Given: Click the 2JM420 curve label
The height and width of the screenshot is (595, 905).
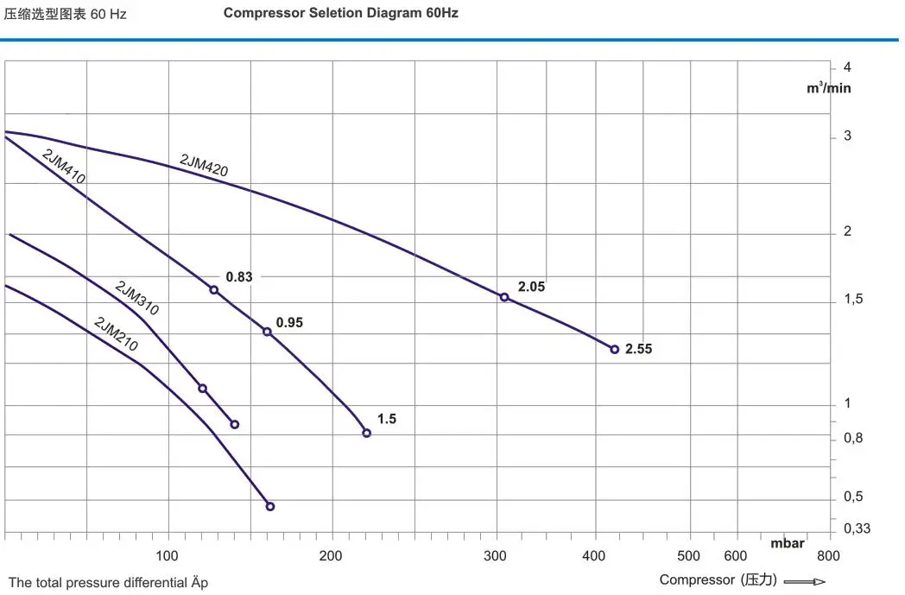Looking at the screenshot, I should point(204,165).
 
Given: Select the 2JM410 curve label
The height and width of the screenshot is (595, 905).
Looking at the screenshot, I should point(63,166).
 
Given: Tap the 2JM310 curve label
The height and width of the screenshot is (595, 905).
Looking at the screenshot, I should point(136,296).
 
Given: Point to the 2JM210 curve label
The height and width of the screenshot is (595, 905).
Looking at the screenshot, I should point(115,334).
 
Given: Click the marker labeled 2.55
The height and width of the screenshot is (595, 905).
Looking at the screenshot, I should point(615,349).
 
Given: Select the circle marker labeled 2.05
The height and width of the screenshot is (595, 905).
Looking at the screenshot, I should point(504,297).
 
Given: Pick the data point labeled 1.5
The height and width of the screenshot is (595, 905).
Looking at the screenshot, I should point(366,433).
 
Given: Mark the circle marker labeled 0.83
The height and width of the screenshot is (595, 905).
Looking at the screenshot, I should point(214,289).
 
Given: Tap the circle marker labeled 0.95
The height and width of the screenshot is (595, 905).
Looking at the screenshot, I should point(267,332).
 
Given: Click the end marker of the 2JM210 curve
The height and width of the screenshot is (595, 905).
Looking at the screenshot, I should point(269,506).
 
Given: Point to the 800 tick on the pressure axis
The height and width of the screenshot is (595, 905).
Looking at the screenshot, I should point(827,556).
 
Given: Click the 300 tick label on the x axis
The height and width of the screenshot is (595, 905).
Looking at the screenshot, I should point(496,556).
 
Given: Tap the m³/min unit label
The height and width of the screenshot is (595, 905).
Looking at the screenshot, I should point(829,87).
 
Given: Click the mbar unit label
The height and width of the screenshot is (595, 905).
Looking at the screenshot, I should point(788,543).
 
